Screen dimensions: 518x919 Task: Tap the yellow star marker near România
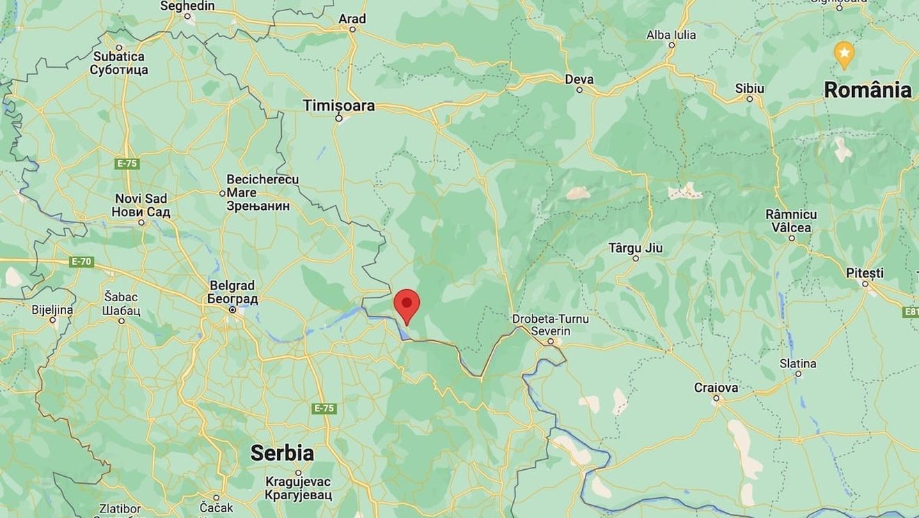pyautogui.click(x=844, y=54)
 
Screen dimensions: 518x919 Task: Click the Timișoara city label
pyautogui.click(x=338, y=105)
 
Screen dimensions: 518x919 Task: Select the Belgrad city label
pyautogui.click(x=233, y=292)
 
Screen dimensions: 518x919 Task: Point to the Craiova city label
pyautogui.click(x=716, y=387)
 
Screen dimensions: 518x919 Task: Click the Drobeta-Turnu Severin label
pyautogui.click(x=551, y=324)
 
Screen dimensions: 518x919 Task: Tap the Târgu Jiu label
pyautogui.click(x=636, y=247)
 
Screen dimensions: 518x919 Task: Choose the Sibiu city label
pyautogui.click(x=749, y=89)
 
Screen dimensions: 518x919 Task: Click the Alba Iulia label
pyautogui.click(x=671, y=35)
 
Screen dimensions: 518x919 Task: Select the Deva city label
pyautogui.click(x=579, y=79)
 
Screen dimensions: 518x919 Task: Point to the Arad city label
pyautogui.click(x=352, y=19)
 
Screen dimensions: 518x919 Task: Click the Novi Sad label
pyautogui.click(x=142, y=205)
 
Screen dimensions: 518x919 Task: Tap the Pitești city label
pyautogui.click(x=865, y=273)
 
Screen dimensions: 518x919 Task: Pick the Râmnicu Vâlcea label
pyautogui.click(x=791, y=220)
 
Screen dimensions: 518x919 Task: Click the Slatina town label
pyautogui.click(x=798, y=363)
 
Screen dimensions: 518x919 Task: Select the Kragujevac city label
pyautogui.click(x=298, y=488)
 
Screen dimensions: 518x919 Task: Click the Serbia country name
pyautogui.click(x=282, y=452)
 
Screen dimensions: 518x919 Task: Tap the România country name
pyautogui.click(x=867, y=89)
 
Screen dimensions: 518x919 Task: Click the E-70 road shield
pyautogui.click(x=81, y=261)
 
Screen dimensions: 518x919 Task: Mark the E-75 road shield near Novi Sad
pyautogui.click(x=127, y=163)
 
